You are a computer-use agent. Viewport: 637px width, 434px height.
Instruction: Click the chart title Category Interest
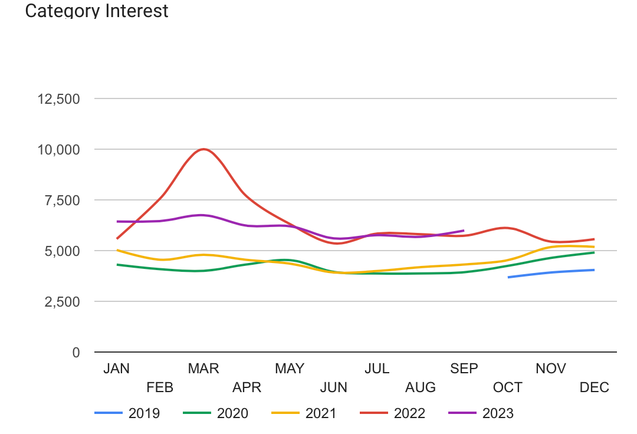point(97,11)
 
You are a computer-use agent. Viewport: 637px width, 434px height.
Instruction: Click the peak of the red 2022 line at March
point(204,149)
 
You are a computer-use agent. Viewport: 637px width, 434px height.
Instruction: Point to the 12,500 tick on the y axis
point(58,99)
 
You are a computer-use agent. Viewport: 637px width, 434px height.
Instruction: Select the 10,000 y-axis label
point(58,150)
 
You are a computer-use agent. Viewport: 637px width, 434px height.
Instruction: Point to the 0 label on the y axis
point(75,353)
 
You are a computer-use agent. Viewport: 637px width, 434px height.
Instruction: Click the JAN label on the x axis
point(117,369)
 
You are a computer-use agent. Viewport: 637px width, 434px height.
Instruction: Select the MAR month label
point(203,369)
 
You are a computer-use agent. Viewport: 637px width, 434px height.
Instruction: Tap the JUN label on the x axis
point(334,387)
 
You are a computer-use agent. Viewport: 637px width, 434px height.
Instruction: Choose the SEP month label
point(464,369)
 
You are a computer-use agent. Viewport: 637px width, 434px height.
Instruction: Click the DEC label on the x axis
point(594,387)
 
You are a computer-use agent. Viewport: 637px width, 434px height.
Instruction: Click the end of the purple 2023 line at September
point(464,231)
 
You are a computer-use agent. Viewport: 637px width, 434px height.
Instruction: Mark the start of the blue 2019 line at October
point(508,277)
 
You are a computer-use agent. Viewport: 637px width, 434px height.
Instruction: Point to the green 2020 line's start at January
point(117,265)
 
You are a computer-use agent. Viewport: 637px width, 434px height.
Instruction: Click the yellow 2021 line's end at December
point(594,247)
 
